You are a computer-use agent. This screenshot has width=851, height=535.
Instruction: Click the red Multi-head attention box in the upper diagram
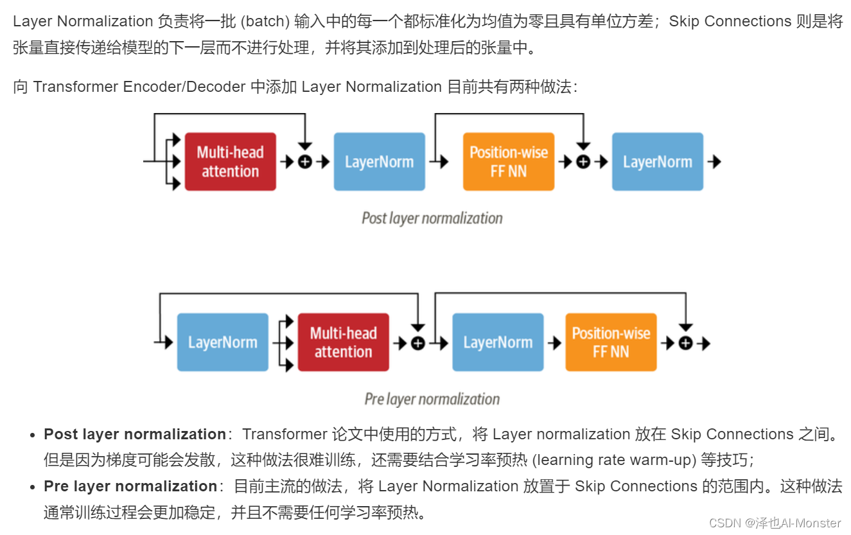click(230, 162)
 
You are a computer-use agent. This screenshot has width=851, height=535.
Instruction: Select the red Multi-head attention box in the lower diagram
click(343, 342)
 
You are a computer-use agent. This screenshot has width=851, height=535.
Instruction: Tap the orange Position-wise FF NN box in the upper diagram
click(508, 162)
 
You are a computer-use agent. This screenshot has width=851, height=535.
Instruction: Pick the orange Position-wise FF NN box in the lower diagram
click(611, 342)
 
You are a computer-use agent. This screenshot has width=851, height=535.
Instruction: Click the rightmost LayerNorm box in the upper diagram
click(657, 162)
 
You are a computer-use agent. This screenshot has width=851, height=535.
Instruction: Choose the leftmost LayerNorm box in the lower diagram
click(222, 342)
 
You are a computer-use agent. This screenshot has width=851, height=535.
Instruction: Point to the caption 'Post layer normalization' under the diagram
click(432, 218)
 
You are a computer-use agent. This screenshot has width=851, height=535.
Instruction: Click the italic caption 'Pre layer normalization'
click(432, 399)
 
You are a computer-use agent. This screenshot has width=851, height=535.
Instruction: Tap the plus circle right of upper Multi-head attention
click(305, 162)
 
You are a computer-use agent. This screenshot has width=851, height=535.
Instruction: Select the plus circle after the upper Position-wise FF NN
click(583, 162)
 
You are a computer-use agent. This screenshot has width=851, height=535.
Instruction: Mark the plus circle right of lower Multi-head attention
click(418, 344)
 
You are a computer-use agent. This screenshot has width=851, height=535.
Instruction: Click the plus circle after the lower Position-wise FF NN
click(685, 344)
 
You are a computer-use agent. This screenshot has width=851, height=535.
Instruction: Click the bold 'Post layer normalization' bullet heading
click(135, 434)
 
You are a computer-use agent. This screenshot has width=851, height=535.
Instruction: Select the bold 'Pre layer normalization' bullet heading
click(130, 486)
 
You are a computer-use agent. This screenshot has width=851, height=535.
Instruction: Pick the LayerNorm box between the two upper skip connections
click(379, 162)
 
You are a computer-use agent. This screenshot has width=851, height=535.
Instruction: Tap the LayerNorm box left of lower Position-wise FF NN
click(498, 342)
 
